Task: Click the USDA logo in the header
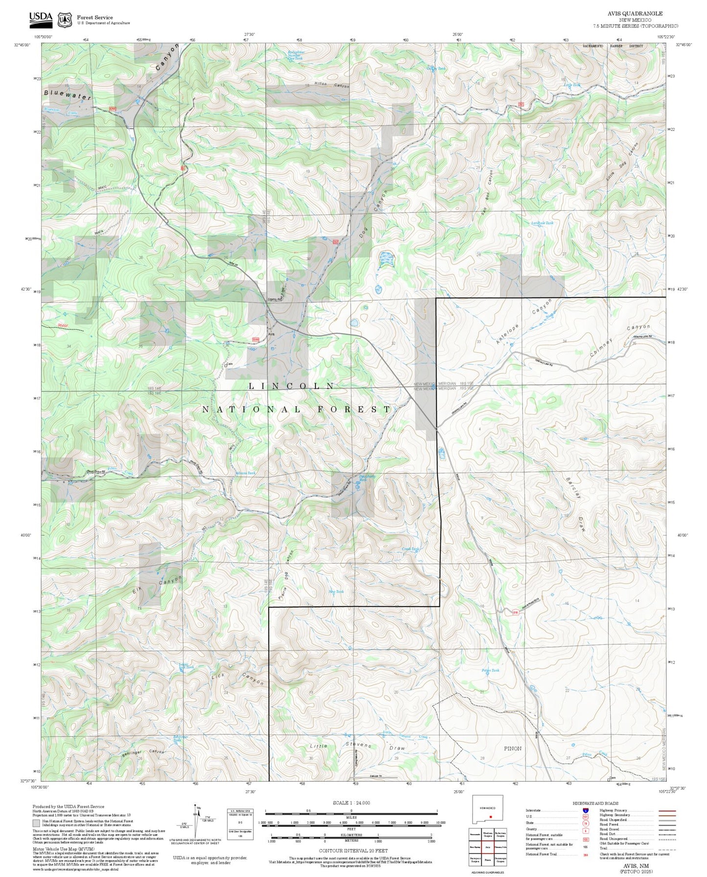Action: [x=41, y=19]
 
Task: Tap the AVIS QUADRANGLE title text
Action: [x=635, y=14]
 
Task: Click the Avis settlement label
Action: [x=271, y=334]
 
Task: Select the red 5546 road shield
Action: [x=255, y=339]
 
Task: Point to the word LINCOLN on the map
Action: [x=292, y=386]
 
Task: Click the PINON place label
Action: [x=512, y=748]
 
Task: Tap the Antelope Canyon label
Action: [x=524, y=321]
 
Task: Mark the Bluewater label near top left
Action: [x=68, y=94]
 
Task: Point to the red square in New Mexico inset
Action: [x=490, y=816]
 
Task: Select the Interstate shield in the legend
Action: [x=585, y=811]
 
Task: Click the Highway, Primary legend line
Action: [x=667, y=811]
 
